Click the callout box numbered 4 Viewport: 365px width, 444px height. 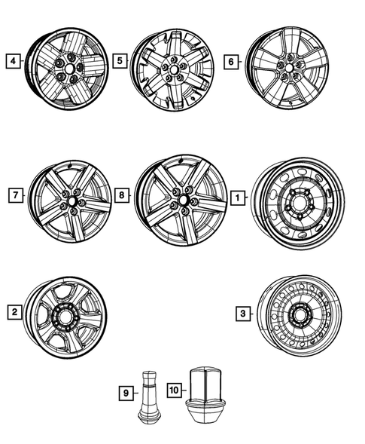point(11,60)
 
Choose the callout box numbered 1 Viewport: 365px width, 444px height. point(237,198)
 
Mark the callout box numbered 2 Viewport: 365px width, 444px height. point(14,311)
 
